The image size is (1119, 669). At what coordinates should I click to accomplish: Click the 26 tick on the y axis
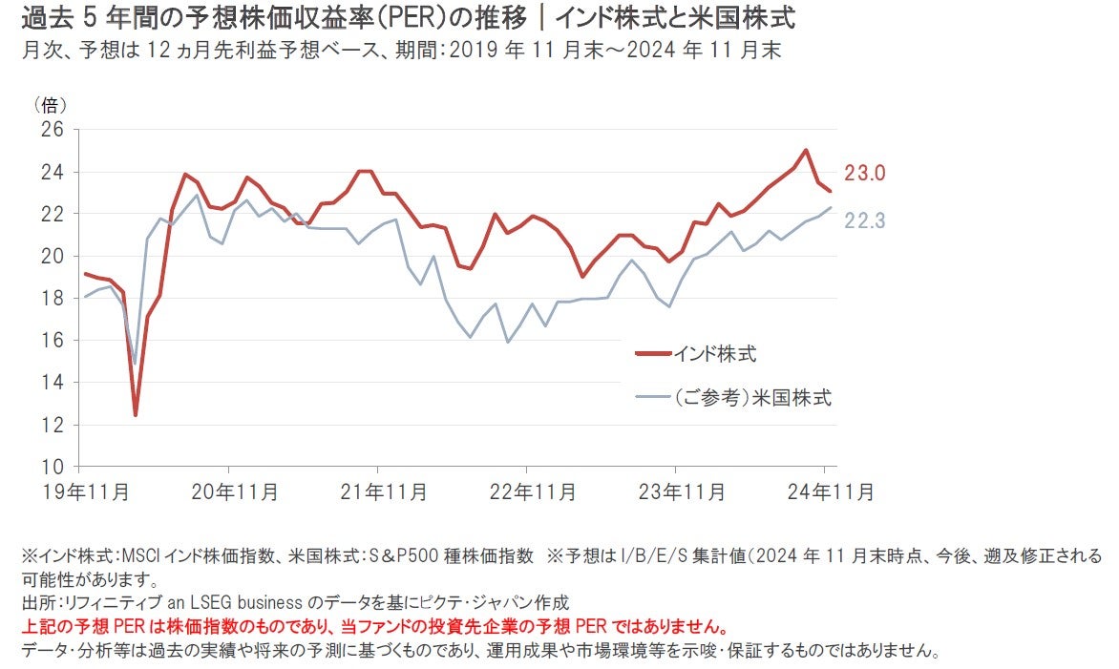(x=52, y=129)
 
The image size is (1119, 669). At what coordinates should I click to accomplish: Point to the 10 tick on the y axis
(x=52, y=467)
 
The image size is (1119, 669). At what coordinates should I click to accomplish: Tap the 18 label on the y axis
(x=52, y=298)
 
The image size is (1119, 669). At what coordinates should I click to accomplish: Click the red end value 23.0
(x=865, y=173)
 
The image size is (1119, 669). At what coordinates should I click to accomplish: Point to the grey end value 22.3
(x=865, y=220)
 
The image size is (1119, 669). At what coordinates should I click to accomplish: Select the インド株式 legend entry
(x=716, y=353)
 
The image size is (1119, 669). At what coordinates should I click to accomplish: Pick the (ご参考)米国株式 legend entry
(x=753, y=398)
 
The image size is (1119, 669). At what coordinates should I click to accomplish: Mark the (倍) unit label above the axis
(x=51, y=103)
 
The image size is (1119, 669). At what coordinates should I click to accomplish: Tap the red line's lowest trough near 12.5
(x=136, y=414)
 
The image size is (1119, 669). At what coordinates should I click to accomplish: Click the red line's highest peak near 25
(x=806, y=150)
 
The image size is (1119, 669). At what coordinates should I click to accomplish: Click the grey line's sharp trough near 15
(x=136, y=364)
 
